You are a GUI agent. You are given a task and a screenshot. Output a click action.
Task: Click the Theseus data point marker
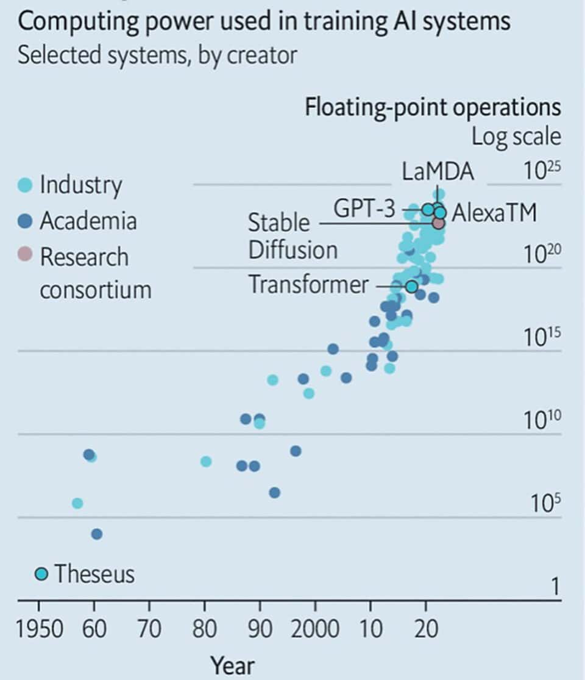point(41,574)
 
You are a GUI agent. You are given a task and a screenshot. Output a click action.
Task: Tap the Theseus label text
point(94,574)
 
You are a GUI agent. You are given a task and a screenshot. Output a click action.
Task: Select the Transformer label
point(308,285)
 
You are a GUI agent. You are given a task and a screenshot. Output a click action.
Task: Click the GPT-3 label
point(364,209)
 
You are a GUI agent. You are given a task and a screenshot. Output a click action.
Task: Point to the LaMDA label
point(438,172)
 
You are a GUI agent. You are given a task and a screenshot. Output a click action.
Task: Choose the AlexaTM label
point(494,213)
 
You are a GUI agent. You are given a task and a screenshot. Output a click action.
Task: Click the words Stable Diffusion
point(292,237)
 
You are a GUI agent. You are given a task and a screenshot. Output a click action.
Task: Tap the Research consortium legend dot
point(24,255)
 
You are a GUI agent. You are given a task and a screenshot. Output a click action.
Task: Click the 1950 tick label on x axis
point(39,629)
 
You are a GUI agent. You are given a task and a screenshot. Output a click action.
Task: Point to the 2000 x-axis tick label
point(314,629)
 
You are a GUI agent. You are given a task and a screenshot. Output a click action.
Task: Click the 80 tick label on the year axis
point(205,629)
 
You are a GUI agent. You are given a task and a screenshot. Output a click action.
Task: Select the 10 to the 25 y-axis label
point(542,172)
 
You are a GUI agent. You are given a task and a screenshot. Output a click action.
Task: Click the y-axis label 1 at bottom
point(555,587)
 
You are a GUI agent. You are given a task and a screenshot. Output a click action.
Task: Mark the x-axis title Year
point(233,665)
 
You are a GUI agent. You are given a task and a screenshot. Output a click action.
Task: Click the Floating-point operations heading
point(432,107)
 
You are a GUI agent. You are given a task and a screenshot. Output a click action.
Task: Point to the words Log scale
point(516,136)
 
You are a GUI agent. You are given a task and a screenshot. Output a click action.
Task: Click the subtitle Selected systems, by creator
point(157,55)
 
